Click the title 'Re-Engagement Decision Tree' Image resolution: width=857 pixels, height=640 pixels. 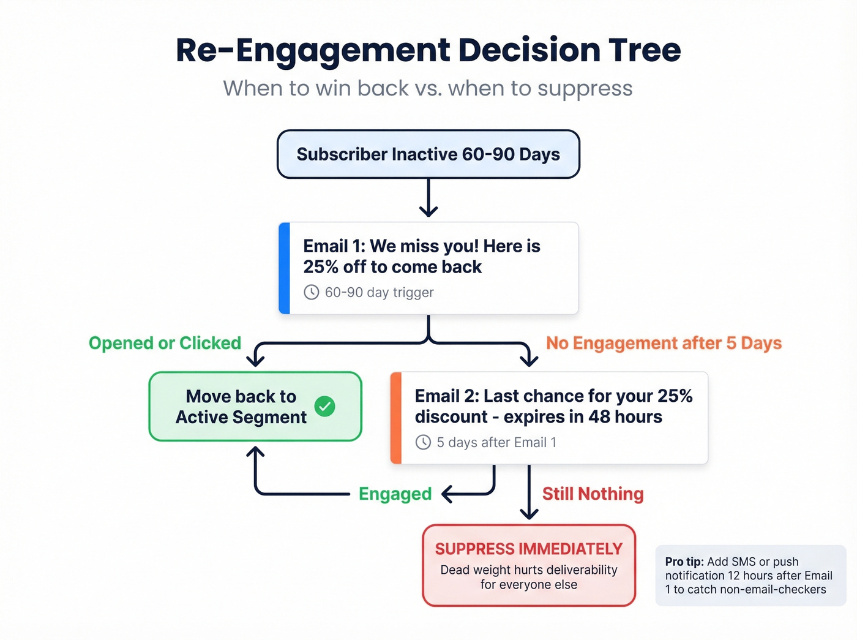(x=428, y=50)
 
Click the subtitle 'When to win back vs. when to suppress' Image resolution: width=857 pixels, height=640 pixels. (x=428, y=88)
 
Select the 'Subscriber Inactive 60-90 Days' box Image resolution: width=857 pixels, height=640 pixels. (x=428, y=154)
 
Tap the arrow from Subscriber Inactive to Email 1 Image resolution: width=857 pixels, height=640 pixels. (x=428, y=198)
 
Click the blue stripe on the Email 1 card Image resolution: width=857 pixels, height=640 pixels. (x=284, y=268)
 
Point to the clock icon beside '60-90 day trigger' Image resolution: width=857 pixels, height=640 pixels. (x=312, y=292)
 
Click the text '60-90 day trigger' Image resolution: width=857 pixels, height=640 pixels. (x=379, y=293)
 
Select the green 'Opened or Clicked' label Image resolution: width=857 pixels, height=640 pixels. (x=165, y=343)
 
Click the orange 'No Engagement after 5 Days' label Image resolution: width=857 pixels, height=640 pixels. (x=664, y=343)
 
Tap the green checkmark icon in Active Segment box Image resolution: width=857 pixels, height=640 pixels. (x=324, y=406)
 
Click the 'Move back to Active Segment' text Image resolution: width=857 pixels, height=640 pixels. (x=241, y=407)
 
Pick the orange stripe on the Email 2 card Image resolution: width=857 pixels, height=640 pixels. (x=396, y=418)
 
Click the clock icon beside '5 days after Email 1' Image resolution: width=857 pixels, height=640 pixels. (x=423, y=442)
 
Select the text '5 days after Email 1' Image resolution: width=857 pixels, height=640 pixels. (x=496, y=442)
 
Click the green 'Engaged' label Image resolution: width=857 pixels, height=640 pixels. (x=395, y=494)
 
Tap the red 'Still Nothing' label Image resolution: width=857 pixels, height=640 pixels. (x=593, y=494)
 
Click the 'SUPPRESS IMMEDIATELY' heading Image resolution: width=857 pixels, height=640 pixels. (x=529, y=549)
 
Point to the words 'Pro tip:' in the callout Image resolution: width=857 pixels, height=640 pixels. (x=684, y=562)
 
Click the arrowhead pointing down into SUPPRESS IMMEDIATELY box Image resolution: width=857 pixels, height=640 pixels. (x=529, y=513)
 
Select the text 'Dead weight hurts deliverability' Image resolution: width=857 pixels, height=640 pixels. (x=529, y=570)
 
